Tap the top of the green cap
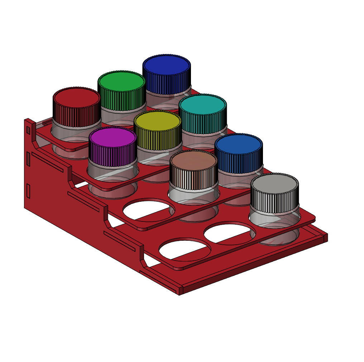[121, 80]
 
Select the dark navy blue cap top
[166, 64]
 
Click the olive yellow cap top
[157, 120]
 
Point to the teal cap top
[202, 104]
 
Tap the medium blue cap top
[238, 144]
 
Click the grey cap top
[274, 184]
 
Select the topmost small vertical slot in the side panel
[28, 129]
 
